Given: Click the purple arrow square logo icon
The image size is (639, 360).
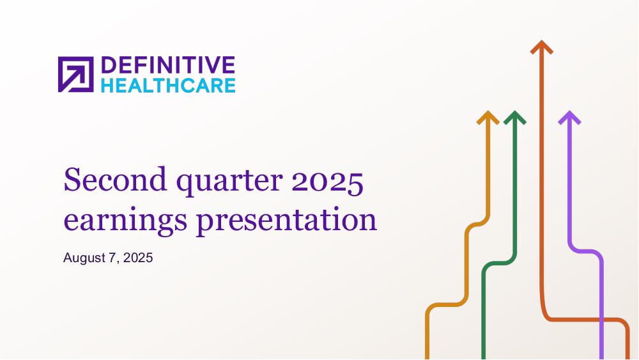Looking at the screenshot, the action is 76,74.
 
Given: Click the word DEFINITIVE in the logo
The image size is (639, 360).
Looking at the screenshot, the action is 168,65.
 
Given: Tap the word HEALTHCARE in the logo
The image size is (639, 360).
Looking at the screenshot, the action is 168,86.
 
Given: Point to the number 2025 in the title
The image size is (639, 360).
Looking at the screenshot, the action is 327,180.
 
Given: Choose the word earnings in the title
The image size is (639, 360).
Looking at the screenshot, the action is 125,221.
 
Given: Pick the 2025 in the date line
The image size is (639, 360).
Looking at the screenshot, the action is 138,258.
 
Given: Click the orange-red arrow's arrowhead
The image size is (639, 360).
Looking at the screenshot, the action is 542,47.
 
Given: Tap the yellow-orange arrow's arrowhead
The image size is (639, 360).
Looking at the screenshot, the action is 488,117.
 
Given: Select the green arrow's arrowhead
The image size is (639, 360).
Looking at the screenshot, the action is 514,117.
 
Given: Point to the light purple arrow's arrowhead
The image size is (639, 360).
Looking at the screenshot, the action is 569,117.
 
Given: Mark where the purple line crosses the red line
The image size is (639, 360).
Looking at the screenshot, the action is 601,320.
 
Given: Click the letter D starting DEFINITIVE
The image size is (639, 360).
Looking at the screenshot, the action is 109,65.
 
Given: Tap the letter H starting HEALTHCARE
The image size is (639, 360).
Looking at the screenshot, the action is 107,86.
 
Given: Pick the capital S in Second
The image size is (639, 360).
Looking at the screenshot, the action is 72,180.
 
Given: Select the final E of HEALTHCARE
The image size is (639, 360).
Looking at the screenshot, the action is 230,86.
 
